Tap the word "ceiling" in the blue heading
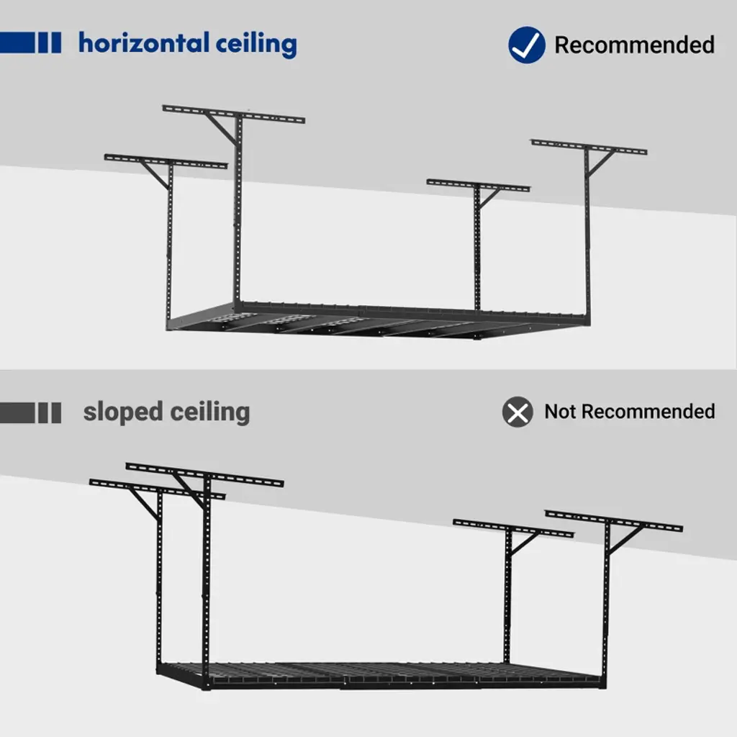pyautogui.click(x=256, y=45)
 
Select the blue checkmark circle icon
pyautogui.click(x=527, y=45)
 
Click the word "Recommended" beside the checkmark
pyautogui.click(x=634, y=45)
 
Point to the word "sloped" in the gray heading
pyautogui.click(x=123, y=412)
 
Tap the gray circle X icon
pyautogui.click(x=517, y=412)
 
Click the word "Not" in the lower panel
pyautogui.click(x=561, y=412)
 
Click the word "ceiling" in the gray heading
pyautogui.click(x=211, y=412)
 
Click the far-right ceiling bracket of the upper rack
pyautogui.click(x=589, y=148)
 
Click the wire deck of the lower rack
pyautogui.click(x=381, y=674)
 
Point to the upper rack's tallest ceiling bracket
pyautogui.click(x=233, y=114)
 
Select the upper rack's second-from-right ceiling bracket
pyautogui.click(x=478, y=186)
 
